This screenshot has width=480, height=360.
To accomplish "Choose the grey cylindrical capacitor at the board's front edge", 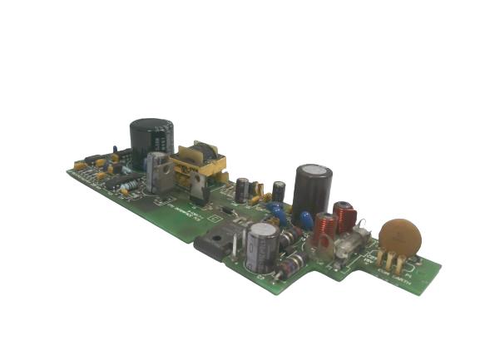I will pyautogui.click(x=261, y=244).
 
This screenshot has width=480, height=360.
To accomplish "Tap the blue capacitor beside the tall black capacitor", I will pyautogui.click(x=305, y=220).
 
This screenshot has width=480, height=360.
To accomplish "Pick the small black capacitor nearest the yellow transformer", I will pyautogui.click(x=241, y=190).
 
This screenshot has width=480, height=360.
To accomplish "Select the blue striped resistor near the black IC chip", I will pyautogui.click(x=129, y=184).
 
